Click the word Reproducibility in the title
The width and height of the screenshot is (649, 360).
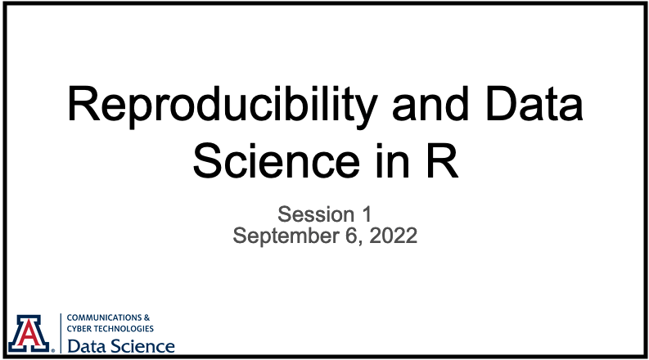point(223,106)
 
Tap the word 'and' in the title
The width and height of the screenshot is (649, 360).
point(430,103)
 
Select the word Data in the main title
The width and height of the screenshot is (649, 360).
point(534,103)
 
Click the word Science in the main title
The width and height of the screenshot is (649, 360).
point(277,160)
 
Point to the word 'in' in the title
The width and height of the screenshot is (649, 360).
point(393,160)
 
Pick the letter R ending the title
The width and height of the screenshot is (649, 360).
point(442,160)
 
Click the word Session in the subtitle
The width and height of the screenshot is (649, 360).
point(316,214)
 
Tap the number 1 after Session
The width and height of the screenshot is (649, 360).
point(367,214)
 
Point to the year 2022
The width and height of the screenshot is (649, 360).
point(393,236)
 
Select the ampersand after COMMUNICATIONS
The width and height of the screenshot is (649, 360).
point(147,317)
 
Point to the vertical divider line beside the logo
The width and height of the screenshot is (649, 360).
point(61,334)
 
